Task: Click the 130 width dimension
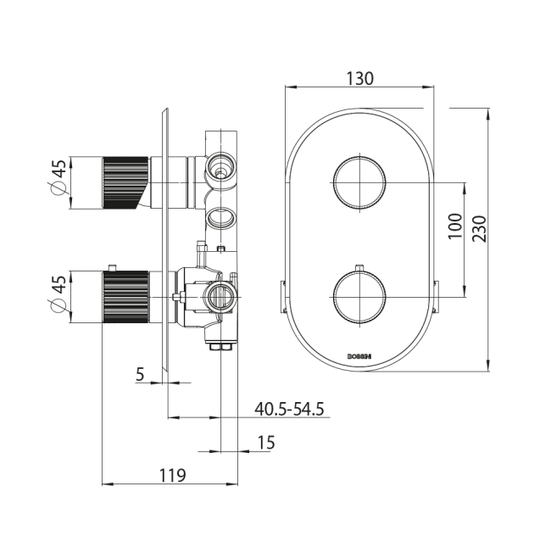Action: tap(359, 78)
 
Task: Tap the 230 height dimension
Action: tap(479, 229)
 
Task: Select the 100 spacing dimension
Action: tap(455, 226)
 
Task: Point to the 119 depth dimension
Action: tap(173, 476)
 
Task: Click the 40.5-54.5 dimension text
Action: tap(289, 409)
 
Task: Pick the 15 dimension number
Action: tap(266, 443)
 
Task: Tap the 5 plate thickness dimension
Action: tap(140, 374)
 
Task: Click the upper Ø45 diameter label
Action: tap(58, 177)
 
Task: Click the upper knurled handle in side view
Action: tap(125, 182)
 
